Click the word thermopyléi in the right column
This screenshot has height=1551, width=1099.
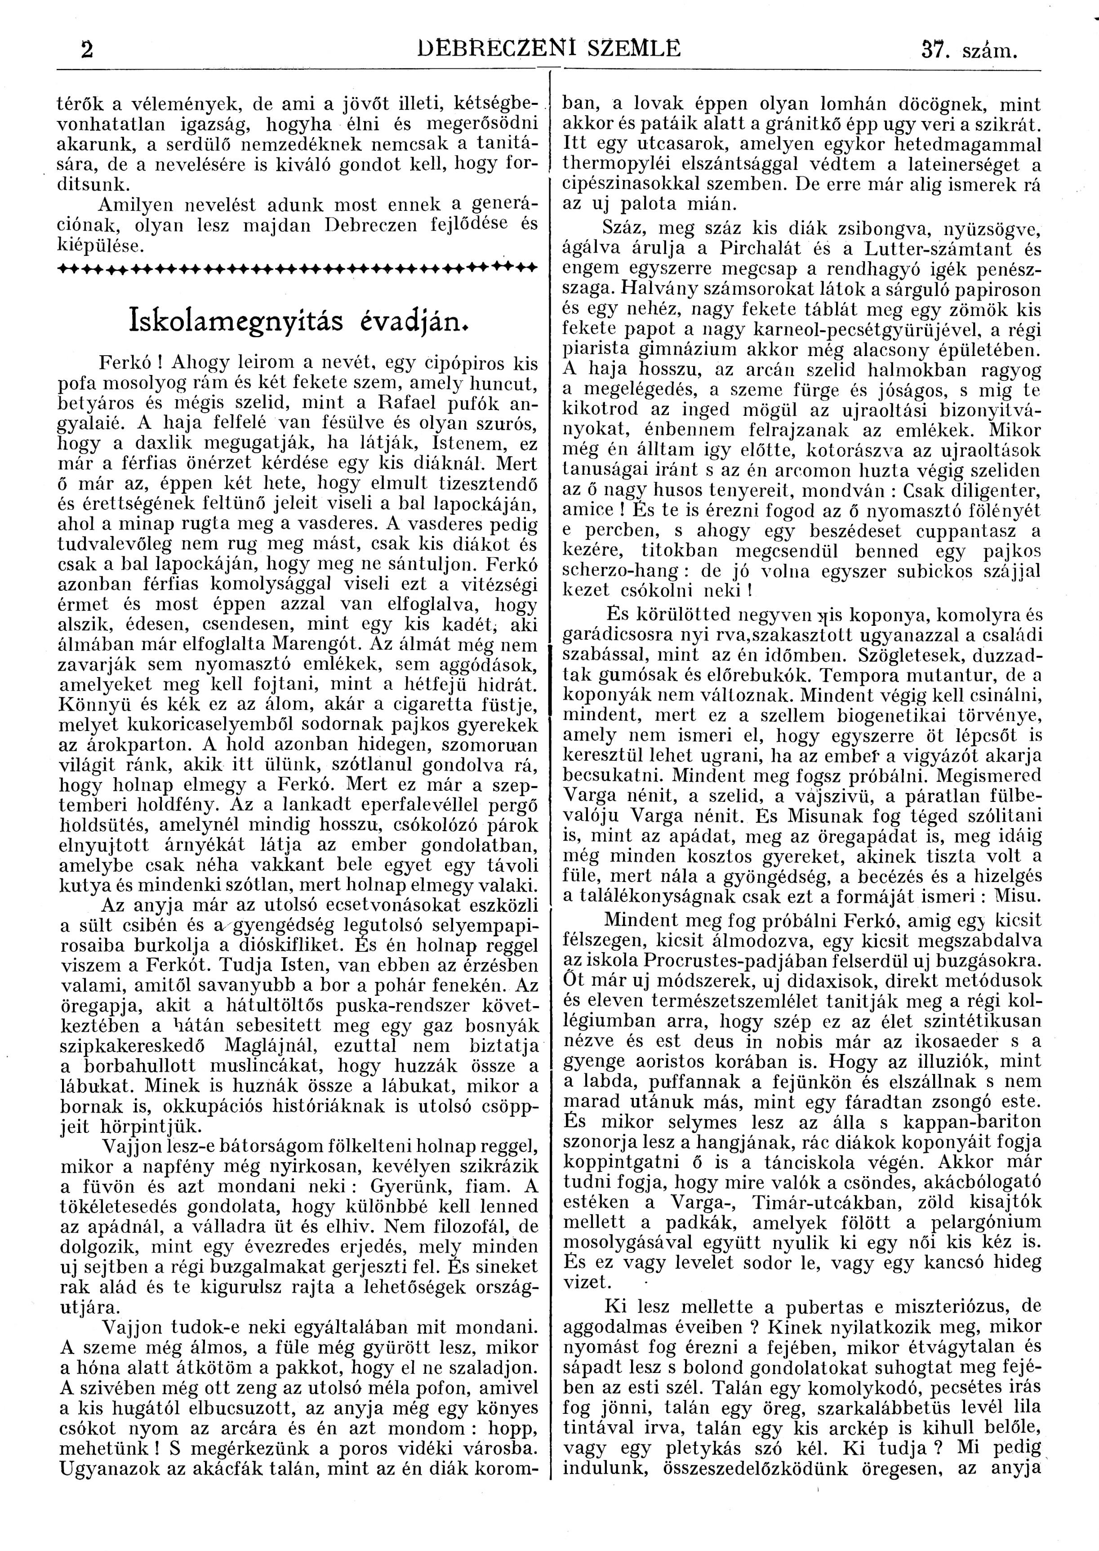[614, 165]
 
